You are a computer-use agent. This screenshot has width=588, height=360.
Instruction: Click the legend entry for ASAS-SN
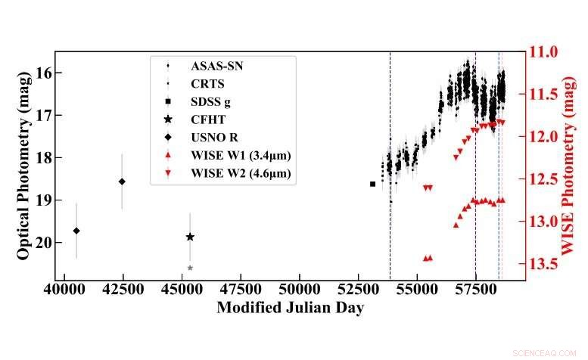coord(211,66)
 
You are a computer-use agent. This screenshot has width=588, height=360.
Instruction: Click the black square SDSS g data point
coord(372,184)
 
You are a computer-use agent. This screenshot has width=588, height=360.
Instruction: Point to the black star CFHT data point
coord(190,237)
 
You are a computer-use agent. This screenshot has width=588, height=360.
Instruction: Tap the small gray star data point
coord(190,268)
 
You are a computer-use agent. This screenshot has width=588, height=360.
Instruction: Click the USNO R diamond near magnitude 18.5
coord(122,182)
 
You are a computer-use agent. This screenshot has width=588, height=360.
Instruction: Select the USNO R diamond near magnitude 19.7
coord(76,231)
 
